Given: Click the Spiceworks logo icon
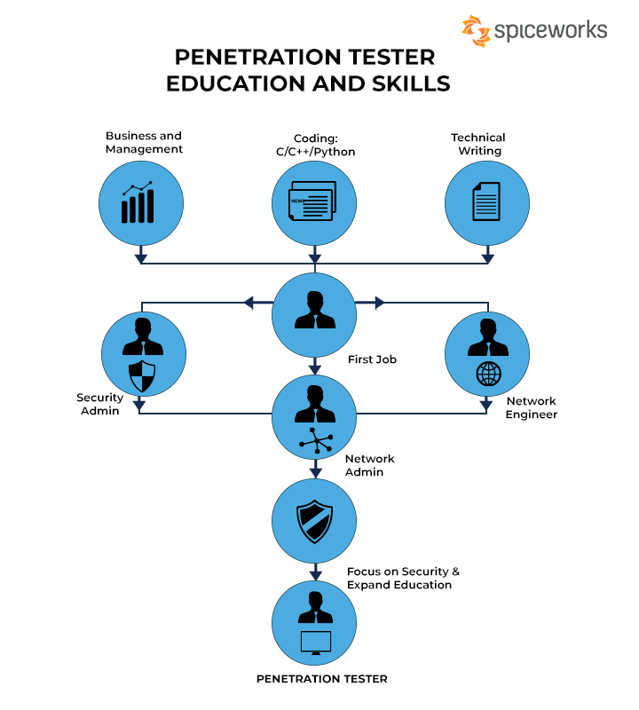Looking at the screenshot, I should tap(476, 31).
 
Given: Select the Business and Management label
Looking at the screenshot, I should tap(144, 142).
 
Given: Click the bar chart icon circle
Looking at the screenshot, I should tap(140, 204).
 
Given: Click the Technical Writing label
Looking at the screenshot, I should tap(478, 144).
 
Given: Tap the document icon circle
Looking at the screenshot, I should tap(486, 204).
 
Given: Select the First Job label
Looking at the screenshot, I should tap(373, 359).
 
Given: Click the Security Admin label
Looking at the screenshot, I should tap(99, 404).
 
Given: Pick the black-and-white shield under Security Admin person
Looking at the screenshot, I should tap(142, 376).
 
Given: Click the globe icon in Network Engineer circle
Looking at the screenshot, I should tap(488, 375).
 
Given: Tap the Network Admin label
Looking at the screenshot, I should tap(369, 465).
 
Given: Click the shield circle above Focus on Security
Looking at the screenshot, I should tap(314, 519).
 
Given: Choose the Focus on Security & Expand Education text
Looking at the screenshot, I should tap(403, 578).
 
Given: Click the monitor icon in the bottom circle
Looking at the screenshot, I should tap(314, 641).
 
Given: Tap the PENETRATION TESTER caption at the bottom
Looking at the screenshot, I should tap(321, 679).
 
